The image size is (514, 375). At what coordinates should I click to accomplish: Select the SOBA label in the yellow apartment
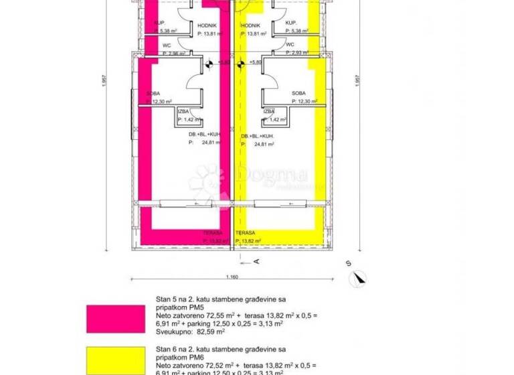point(298,93)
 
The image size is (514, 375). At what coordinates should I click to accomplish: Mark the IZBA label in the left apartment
point(183,112)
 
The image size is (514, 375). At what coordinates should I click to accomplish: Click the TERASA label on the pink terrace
point(213,233)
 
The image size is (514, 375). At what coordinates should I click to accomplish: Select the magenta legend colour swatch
point(115,319)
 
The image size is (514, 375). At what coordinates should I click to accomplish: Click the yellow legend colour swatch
point(115,360)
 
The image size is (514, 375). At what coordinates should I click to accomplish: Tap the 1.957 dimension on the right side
point(353,99)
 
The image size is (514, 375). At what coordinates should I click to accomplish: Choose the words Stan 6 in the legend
point(165,349)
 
